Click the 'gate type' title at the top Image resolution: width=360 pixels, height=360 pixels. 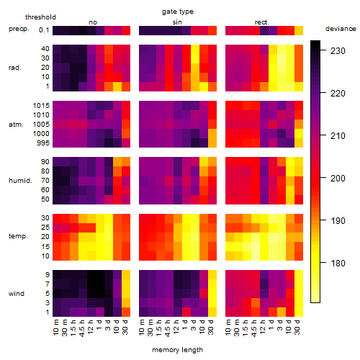[178, 12]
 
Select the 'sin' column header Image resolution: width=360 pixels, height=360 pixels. [177, 22]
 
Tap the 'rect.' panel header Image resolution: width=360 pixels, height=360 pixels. [262, 22]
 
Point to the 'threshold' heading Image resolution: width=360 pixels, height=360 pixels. [40, 17]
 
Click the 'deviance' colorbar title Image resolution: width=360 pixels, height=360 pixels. [341, 29]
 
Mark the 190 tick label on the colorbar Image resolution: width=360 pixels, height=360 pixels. [338, 220]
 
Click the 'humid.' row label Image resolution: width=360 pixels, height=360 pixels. [20, 181]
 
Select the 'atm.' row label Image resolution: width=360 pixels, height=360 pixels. [16, 125]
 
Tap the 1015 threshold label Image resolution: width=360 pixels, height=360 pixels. [41, 106]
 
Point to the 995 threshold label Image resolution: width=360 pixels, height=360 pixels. [43, 143]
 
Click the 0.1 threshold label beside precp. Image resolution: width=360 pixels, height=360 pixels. [44, 30]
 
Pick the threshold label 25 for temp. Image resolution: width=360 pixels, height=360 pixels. [45, 228]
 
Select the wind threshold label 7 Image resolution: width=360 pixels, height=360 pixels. [48, 284]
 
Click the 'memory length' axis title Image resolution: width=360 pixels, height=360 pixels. [177, 350]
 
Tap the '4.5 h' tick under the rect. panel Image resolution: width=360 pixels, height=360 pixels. [254, 328]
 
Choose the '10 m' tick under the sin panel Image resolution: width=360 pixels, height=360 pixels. [142, 328]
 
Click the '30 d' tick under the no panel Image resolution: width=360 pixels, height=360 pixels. [125, 328]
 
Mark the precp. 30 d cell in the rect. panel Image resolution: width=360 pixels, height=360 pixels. [299, 31]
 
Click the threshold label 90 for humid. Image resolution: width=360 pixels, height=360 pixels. [45, 162]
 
